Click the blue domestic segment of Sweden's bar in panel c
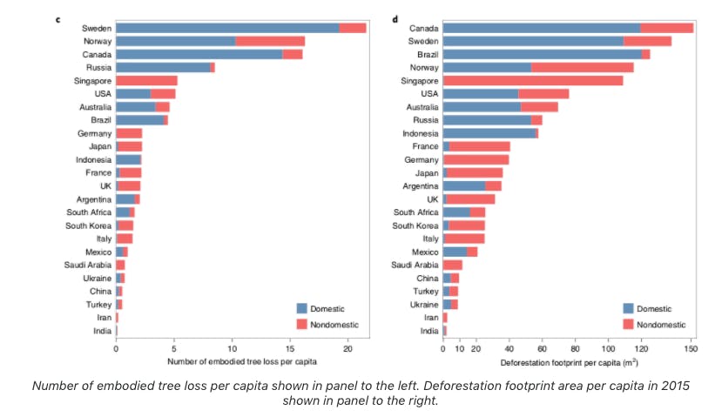click(226, 28)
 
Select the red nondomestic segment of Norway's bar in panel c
click(270, 41)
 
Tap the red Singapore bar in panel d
click(533, 80)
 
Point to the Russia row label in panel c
click(98, 67)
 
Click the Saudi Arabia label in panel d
click(415, 265)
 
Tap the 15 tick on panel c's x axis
click(290, 348)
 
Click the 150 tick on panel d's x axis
click(691, 348)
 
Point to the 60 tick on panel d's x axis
click(542, 348)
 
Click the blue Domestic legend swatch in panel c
click(302, 308)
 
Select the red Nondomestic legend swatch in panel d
click(628, 324)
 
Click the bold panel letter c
click(58, 18)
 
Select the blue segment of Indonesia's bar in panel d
click(489, 132)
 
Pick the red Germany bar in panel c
click(129, 133)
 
